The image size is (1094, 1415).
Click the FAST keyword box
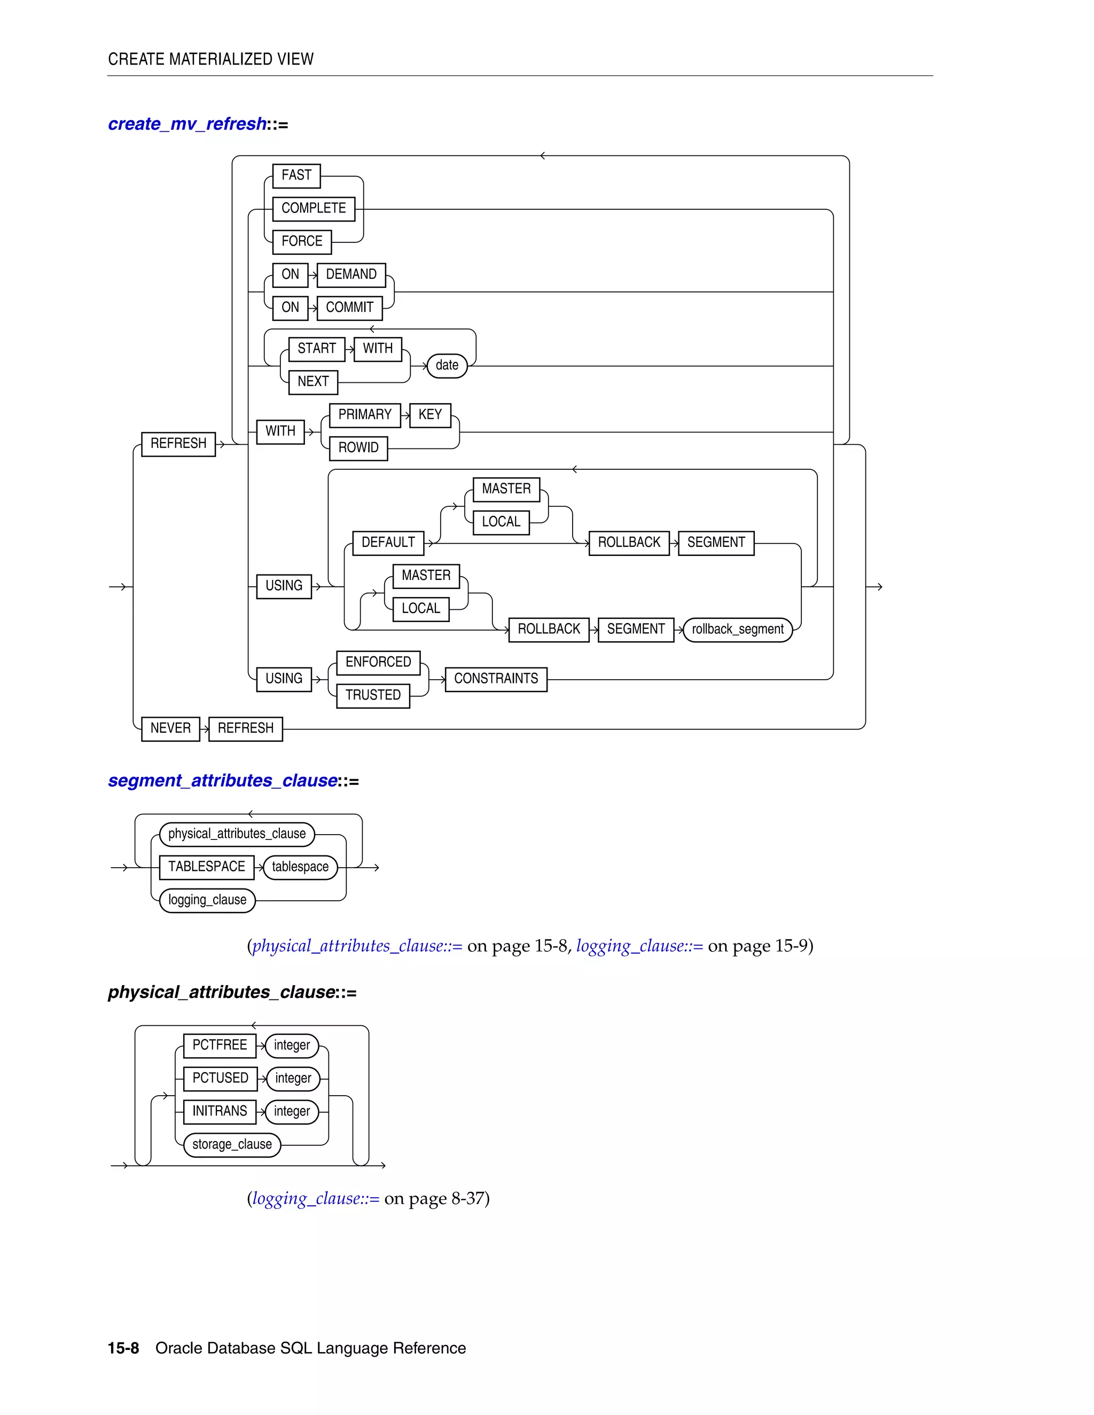coord(296,176)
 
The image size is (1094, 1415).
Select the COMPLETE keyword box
coord(314,209)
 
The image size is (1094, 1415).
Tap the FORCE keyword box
coord(301,242)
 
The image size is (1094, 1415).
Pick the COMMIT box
coord(349,308)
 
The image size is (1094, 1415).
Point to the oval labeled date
coord(447,365)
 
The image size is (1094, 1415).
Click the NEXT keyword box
coord(313,382)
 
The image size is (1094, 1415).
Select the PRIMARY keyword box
coord(364,415)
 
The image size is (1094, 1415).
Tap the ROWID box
coord(358,447)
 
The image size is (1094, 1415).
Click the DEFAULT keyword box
coord(388,543)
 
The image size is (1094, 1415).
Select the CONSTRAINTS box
coord(496,679)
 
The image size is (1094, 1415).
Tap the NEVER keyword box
coord(170,728)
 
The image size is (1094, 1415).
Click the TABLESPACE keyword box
coord(206,867)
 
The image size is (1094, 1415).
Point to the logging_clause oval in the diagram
coord(207,900)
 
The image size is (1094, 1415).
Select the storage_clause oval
coord(231,1144)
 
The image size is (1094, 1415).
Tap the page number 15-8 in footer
coord(123,1348)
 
